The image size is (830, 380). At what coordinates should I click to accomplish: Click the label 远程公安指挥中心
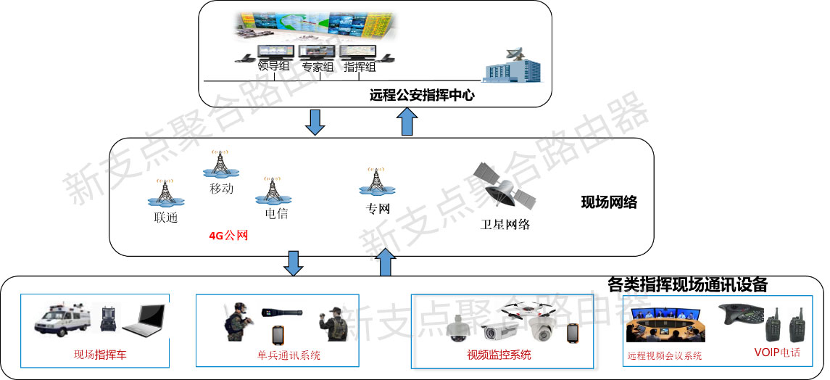tap(421, 94)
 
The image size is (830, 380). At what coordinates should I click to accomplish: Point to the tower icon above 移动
tap(221, 164)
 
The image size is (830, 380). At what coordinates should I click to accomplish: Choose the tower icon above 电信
tap(272, 191)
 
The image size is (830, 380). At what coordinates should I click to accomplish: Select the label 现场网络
tap(608, 202)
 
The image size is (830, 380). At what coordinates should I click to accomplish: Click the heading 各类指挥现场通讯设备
tap(686, 284)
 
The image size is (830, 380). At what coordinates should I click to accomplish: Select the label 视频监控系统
tap(499, 355)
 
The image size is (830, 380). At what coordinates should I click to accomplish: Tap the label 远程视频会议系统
tap(664, 356)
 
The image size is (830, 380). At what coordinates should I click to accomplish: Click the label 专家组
tap(318, 67)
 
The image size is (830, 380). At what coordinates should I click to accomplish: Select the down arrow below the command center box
tap(315, 122)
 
